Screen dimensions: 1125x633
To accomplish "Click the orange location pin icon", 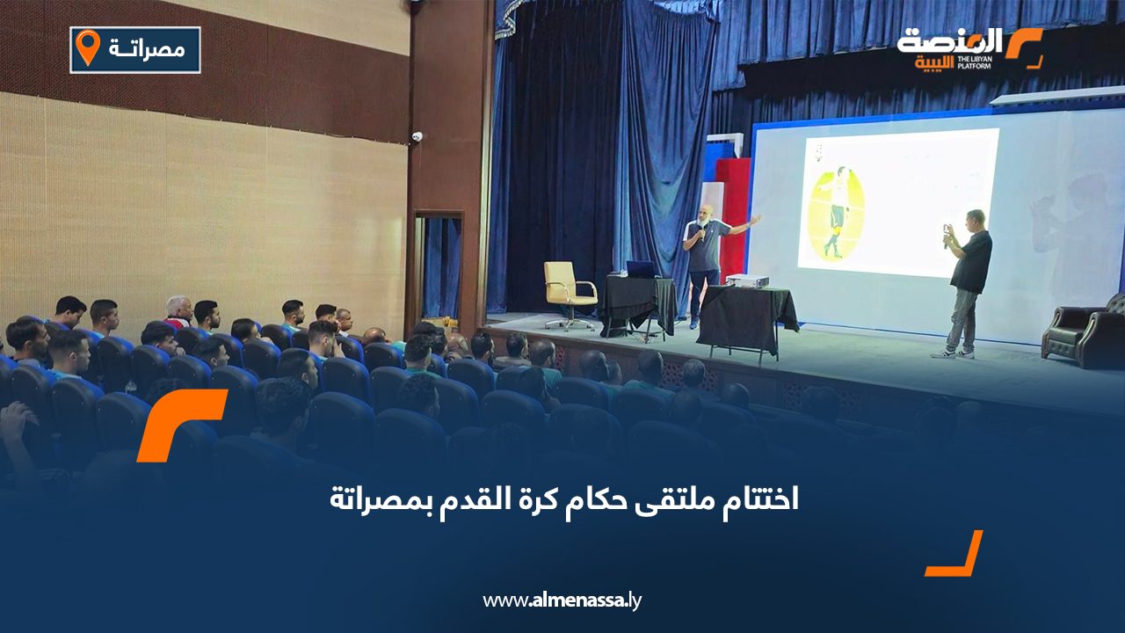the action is point(88,47).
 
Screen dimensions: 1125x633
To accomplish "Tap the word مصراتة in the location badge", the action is point(147,49).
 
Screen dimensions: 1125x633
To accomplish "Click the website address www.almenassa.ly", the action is point(562,600).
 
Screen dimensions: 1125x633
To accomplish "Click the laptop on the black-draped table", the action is point(640,270).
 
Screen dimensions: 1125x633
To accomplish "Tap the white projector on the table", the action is point(744,280).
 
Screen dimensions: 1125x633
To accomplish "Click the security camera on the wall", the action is point(417,136).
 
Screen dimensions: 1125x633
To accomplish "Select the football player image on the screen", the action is point(836,213).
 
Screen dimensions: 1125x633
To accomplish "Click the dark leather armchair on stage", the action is point(1084,332).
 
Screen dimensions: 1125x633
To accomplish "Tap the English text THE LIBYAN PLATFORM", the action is point(974,62).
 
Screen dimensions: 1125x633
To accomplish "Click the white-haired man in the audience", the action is point(178,310).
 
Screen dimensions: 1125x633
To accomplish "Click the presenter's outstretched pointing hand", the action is point(755,219).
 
